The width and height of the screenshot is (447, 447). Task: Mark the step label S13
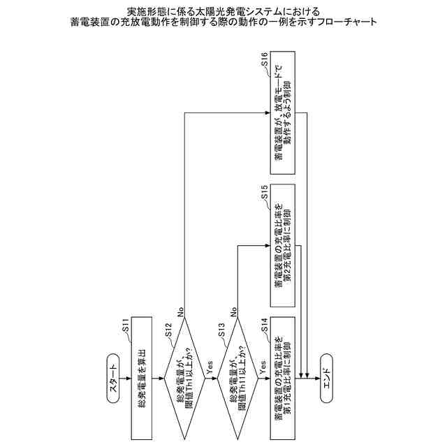(x=223, y=331)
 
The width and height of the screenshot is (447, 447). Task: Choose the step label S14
(x=264, y=323)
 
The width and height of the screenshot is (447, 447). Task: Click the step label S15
(x=264, y=192)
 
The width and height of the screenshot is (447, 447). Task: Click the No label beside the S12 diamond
(x=179, y=312)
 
